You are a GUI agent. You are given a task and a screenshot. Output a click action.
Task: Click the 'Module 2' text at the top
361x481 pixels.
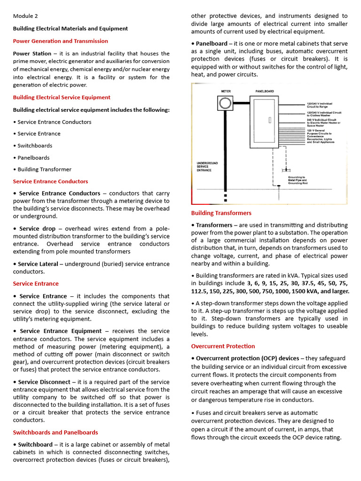[25, 16]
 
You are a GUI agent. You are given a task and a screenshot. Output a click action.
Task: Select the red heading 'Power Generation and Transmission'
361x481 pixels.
[60, 41]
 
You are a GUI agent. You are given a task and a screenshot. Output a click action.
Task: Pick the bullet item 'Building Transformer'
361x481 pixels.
[44, 169]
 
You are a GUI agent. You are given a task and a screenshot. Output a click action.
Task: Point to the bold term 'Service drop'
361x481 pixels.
[39, 228]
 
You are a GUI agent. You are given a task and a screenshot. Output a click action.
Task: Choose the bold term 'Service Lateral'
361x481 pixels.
[39, 264]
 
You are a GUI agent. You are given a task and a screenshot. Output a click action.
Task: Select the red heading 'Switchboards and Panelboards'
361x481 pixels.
[55, 432]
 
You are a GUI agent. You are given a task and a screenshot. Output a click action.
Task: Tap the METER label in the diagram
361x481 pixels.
[226, 91]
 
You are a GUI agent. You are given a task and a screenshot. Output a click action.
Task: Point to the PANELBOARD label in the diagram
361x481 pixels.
[265, 91]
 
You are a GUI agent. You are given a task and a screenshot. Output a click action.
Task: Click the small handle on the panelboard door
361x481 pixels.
[270, 120]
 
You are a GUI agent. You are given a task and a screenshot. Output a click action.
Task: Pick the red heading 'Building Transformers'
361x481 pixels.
[221, 213]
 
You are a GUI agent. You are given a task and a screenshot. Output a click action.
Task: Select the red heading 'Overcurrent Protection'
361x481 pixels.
[223, 346]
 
